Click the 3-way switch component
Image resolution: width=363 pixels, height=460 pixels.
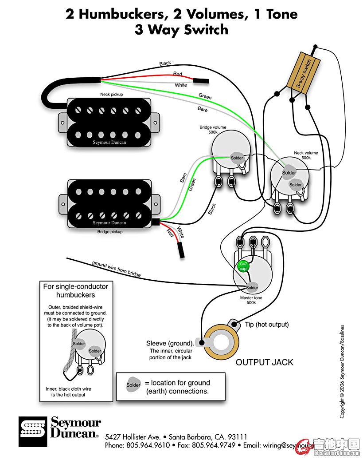tap(304, 71)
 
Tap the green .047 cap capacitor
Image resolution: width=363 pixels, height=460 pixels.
tap(243, 266)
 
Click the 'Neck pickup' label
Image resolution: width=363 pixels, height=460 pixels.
tap(111, 95)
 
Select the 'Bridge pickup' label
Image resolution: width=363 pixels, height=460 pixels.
tap(110, 232)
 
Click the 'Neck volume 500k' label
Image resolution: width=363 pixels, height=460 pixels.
tap(306, 155)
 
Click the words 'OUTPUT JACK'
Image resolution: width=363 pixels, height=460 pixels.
tap(264, 362)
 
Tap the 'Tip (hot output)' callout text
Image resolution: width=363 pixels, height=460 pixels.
tap(267, 325)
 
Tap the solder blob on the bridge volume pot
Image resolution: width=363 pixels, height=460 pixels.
tap(236, 158)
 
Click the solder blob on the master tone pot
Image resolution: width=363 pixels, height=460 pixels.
tap(252, 287)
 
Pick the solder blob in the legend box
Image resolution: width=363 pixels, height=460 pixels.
tap(133, 385)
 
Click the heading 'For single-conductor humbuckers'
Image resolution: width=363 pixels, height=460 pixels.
tap(75, 290)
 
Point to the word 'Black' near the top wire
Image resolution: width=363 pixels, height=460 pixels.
tap(165, 63)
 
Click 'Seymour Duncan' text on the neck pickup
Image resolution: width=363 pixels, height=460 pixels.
tap(109, 143)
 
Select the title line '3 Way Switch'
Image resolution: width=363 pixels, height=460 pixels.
tap(181, 30)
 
